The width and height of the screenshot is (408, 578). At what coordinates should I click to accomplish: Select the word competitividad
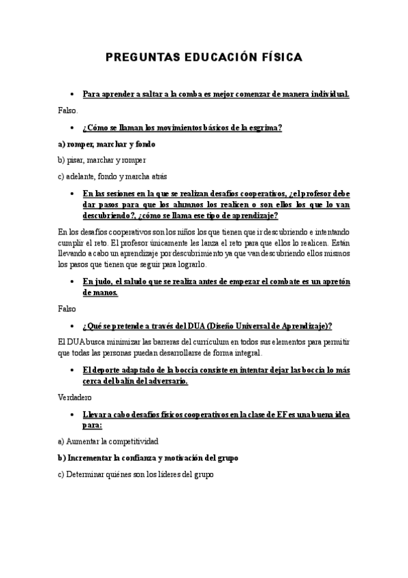(x=130, y=441)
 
